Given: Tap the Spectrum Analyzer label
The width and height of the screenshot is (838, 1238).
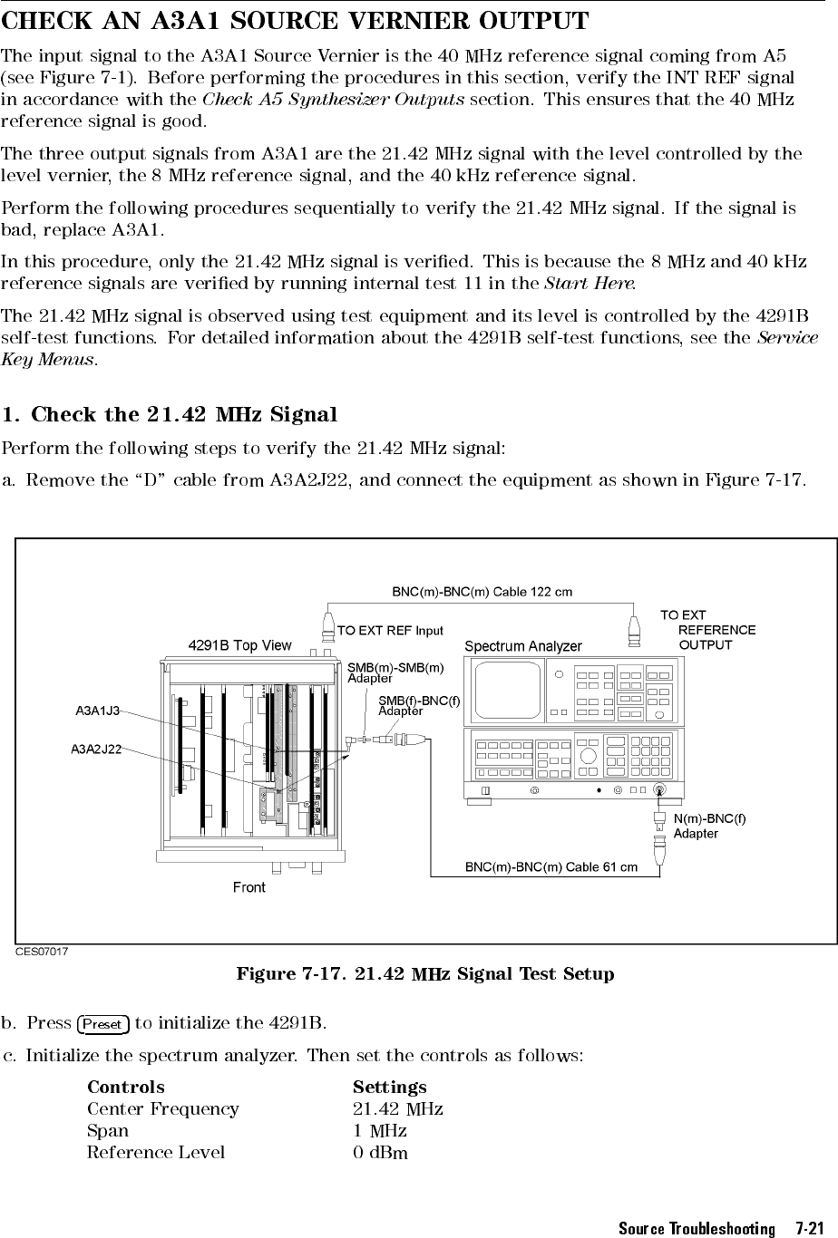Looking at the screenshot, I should click(x=522, y=646).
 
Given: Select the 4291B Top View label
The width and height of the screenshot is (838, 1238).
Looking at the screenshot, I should click(x=239, y=645).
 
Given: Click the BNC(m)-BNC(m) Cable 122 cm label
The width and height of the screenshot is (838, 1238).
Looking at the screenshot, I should click(x=482, y=592).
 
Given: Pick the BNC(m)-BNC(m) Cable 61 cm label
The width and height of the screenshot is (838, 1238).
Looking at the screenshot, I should click(x=551, y=867).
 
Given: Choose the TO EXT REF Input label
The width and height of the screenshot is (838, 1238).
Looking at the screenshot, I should click(x=390, y=631).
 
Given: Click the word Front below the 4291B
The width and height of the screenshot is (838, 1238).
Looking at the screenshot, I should click(x=249, y=887).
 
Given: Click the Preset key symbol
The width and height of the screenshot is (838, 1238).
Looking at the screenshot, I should click(x=103, y=1024).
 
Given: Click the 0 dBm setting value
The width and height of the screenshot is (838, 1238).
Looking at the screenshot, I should click(x=380, y=1153).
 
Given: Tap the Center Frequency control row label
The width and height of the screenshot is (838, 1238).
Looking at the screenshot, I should click(x=163, y=1109).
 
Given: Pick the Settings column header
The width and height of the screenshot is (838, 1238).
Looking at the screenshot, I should click(x=389, y=1087).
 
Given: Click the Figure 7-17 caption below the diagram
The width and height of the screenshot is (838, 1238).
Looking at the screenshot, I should click(x=424, y=975).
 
